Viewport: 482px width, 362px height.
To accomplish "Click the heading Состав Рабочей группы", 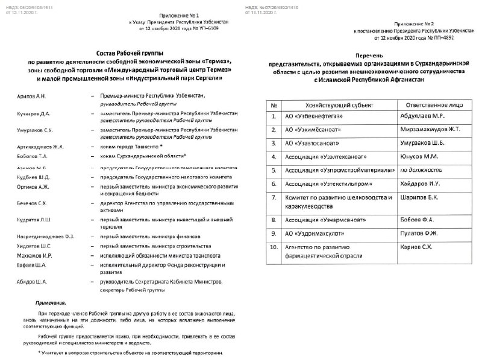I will [x=130, y=54].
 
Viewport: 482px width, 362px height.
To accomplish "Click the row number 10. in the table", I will [x=274, y=247].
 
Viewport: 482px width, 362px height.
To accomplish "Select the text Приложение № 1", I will [x=179, y=13].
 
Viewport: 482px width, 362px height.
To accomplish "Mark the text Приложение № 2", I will [x=413, y=22].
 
